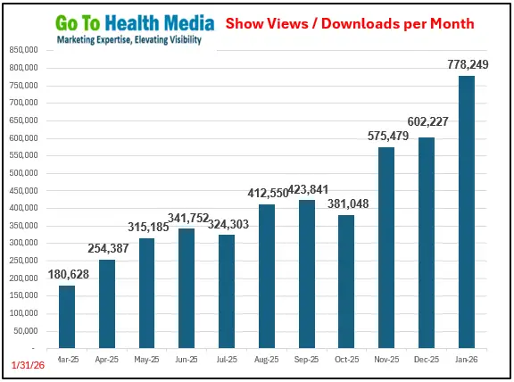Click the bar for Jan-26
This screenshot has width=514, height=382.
466,212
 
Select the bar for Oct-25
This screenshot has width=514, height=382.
346,281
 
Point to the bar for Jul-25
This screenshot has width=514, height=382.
227,291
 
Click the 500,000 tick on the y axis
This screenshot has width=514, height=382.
24,173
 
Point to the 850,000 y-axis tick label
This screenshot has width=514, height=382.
24,51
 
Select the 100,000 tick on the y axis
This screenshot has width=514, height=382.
24,313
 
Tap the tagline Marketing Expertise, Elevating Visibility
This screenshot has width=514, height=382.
128,40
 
